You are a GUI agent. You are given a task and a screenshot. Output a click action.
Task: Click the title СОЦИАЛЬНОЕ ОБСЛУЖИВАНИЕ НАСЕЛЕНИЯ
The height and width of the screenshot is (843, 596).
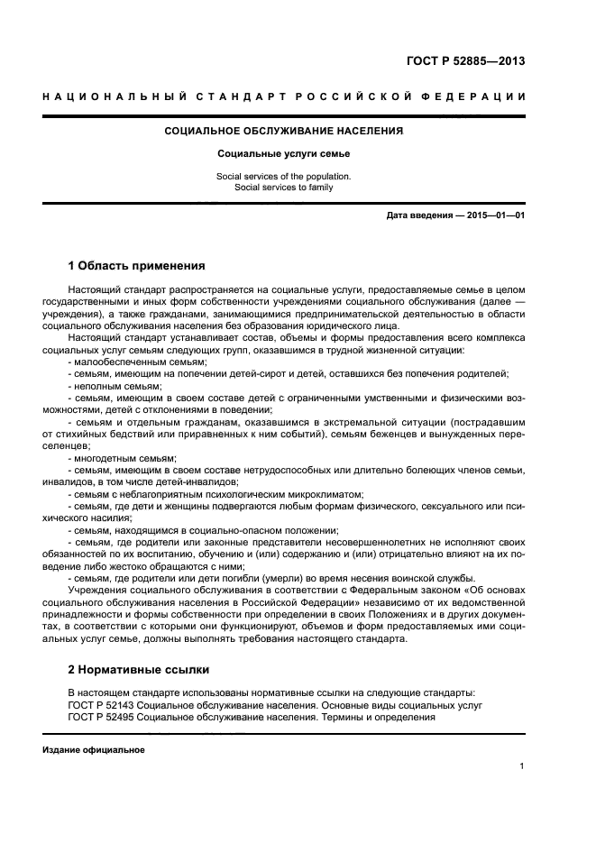[283, 131]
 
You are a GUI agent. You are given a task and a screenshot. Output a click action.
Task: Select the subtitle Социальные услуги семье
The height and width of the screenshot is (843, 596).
[283, 154]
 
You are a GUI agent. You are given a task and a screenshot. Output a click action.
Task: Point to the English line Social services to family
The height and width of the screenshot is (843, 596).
[283, 188]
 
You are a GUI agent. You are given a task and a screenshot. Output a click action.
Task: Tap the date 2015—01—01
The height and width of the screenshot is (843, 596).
[495, 215]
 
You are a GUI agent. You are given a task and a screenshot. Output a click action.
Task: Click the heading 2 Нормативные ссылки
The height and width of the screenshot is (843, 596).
[138, 670]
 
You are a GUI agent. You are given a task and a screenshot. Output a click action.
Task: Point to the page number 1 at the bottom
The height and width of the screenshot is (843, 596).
[522, 767]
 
